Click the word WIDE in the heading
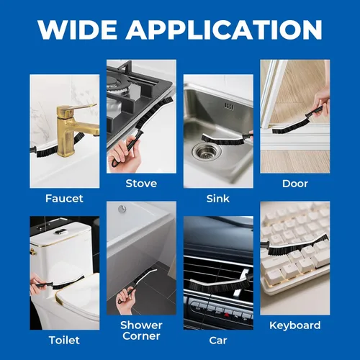77,30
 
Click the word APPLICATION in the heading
224,30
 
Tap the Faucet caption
64,199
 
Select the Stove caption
141,184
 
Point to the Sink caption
218,199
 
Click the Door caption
295,184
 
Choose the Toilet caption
64,340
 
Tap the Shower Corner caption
141,330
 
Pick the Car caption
218,341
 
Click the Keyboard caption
295,325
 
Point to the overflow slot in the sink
229,107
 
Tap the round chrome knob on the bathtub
122,209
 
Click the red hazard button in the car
226,315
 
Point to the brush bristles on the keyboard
297,245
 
